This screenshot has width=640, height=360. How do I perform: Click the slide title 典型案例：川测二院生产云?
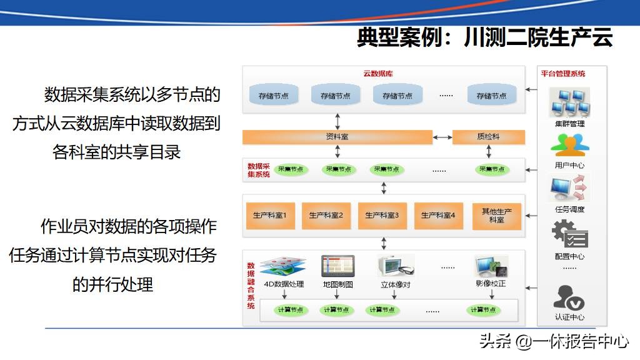tap(484, 38)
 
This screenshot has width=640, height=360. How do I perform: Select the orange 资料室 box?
tap(337, 137)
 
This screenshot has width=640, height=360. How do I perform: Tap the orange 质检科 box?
tap(488, 137)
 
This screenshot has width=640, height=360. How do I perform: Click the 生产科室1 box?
tap(270, 216)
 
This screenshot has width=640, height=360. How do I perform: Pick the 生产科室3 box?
tap(382, 216)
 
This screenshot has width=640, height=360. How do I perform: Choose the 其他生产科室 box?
tap(496, 216)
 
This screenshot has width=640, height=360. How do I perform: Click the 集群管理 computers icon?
tap(569, 102)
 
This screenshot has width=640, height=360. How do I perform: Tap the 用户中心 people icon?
tap(569, 145)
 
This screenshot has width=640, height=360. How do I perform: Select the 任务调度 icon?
tap(569, 189)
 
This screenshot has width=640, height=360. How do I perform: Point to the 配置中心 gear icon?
tap(569, 235)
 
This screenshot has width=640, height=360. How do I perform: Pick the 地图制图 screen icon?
tap(337, 266)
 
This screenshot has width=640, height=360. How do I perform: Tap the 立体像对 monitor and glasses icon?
tap(396, 266)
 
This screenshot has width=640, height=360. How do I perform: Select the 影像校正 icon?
tap(491, 266)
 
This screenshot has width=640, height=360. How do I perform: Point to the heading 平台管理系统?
tap(563, 74)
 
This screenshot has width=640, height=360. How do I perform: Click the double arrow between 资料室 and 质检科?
tap(442, 137)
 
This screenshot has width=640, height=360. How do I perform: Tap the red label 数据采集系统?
tap(259, 170)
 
